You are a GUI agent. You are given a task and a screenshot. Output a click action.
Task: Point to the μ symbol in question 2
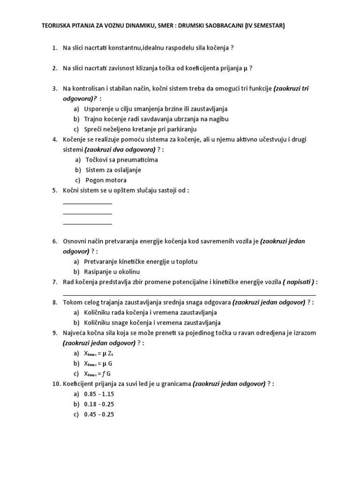tap(245, 68)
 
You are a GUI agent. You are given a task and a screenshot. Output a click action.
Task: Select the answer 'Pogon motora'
tap(106, 180)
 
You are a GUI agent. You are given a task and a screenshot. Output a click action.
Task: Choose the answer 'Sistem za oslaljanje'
tap(113, 170)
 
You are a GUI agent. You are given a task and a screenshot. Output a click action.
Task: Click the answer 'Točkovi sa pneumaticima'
tap(121, 159)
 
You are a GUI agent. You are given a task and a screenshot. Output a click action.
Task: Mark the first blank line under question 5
tap(88, 203)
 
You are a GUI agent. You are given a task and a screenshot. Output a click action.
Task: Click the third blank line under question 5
tap(88, 224)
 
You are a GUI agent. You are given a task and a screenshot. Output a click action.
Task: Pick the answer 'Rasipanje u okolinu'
tap(112, 272)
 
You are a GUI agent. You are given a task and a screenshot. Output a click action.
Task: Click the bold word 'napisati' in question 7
tap(299, 282)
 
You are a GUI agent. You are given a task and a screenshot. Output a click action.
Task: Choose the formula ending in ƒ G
tap(98, 374)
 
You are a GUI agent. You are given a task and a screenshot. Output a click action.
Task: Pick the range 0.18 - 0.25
tap(99, 404)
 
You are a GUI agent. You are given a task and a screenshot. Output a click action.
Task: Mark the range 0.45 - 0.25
tap(99, 414)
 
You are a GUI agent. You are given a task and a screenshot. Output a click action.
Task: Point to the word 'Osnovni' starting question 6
tap(75, 241)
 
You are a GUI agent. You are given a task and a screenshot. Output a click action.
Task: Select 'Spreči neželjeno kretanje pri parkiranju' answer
tap(140, 129)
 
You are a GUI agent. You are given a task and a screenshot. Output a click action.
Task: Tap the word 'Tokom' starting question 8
tap(72, 302)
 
